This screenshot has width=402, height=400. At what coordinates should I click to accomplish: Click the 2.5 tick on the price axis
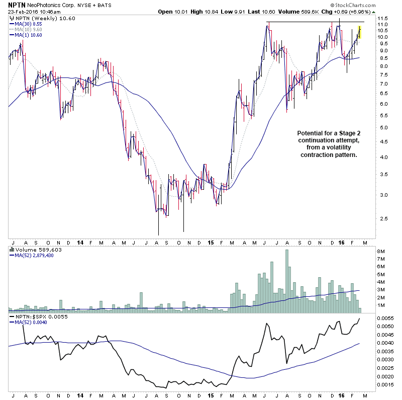(x=383, y=219)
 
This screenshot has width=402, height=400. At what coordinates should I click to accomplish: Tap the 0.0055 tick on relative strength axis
(x=386, y=319)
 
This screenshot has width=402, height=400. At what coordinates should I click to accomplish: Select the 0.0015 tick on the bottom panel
(x=386, y=385)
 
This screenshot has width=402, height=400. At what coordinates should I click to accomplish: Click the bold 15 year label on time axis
(x=211, y=242)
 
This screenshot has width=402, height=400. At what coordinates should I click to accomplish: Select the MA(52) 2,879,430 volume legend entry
(x=34, y=255)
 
